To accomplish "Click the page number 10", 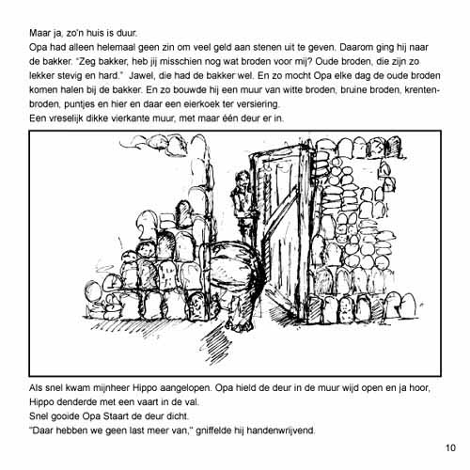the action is (450, 447).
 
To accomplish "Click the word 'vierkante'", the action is (131, 118).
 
